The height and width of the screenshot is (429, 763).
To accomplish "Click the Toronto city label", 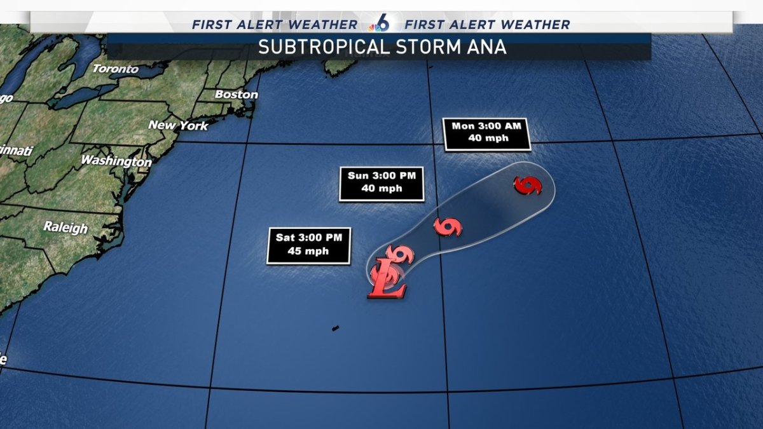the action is pyautogui.click(x=115, y=69).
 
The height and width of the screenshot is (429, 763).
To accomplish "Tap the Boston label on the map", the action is pyautogui.click(x=237, y=95).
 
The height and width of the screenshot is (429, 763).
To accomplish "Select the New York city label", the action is pyautogui.click(x=178, y=125).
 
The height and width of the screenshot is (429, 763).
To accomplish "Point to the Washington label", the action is pyautogui.click(x=116, y=161).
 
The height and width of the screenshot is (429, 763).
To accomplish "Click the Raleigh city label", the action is pyautogui.click(x=65, y=227).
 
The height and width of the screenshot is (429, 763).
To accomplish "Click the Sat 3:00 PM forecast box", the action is pyautogui.click(x=308, y=245).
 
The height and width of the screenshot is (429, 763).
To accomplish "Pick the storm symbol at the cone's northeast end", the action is pyautogui.click(x=528, y=186).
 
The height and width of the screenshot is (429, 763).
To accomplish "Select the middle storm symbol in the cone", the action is pyautogui.click(x=448, y=227).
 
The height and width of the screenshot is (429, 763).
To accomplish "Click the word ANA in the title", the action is pyautogui.click(x=487, y=48).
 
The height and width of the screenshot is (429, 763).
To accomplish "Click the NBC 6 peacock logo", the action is pyautogui.click(x=381, y=24).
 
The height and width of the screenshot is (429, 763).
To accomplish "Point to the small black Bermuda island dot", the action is pyautogui.click(x=334, y=328).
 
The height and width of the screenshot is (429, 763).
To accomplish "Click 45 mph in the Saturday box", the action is pyautogui.click(x=308, y=251).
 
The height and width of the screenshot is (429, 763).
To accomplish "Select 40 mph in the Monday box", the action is pyautogui.click(x=486, y=139).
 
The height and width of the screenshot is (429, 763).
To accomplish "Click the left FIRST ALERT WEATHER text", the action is pyautogui.click(x=275, y=25).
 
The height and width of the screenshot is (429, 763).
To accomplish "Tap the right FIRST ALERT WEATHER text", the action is pyautogui.click(x=487, y=25).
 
